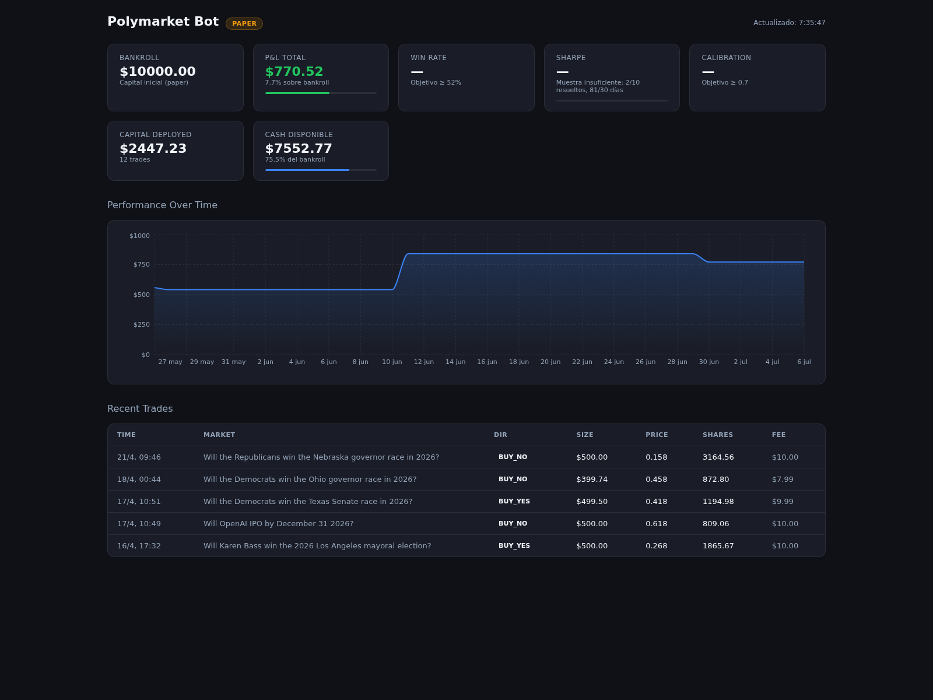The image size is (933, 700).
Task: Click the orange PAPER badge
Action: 244,23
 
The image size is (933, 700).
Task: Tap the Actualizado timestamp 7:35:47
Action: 812,23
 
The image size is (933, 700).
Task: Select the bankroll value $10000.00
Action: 157,71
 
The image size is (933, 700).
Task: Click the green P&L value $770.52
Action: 294,71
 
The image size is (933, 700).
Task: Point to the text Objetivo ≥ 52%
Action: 436,82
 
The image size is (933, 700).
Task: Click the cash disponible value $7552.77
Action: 299,148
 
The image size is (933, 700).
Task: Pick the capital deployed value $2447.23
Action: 153,148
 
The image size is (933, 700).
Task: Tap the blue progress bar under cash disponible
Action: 307,170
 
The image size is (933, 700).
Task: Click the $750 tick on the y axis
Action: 142,264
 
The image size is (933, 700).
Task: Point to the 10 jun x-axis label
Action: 392,362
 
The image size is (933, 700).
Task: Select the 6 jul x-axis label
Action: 804,362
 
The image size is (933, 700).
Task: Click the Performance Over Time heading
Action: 162,205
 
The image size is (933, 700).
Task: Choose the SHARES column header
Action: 717,435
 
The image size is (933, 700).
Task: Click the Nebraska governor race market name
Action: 321,457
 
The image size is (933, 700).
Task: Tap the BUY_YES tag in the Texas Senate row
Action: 514,501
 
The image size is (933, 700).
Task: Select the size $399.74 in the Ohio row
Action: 592,479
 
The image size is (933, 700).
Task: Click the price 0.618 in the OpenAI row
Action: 656,523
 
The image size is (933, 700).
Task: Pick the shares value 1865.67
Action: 718,545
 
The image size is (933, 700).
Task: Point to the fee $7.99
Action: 783,479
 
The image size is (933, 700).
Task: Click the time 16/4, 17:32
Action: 139,546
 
